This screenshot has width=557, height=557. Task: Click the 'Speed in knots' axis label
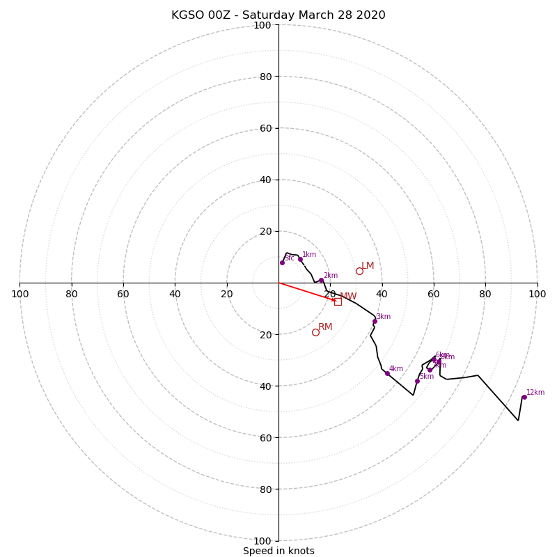(x=278, y=551)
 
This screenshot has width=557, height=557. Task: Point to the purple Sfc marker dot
(x=282, y=262)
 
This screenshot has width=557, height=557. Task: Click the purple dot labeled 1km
(x=300, y=259)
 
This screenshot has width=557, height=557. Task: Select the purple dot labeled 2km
(x=321, y=280)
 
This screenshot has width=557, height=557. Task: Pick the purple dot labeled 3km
(x=375, y=321)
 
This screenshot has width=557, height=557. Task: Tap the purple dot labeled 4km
(x=387, y=373)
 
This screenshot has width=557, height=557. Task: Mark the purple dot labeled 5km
(x=417, y=381)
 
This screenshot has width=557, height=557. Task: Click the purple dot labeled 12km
(x=524, y=397)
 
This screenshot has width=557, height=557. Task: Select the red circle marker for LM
(x=359, y=271)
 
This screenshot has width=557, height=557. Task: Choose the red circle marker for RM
(x=315, y=332)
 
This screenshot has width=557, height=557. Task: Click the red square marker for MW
(x=338, y=301)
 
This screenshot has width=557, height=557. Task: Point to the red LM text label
(x=368, y=265)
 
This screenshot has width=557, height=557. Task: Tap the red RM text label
(x=325, y=327)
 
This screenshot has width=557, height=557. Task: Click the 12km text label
(x=535, y=392)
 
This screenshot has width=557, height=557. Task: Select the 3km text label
(x=383, y=316)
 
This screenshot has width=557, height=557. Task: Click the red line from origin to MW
(x=306, y=292)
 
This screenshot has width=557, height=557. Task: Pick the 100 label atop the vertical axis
(x=262, y=25)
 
